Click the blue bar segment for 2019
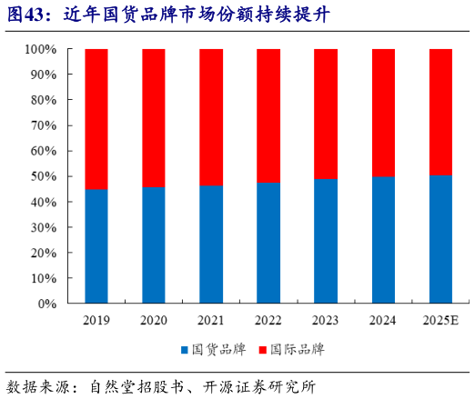click(x=96, y=245)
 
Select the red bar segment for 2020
click(x=154, y=117)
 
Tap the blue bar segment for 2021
click(x=211, y=244)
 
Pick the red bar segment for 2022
click(x=268, y=115)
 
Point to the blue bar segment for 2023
click(x=326, y=241)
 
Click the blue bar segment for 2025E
click(x=440, y=239)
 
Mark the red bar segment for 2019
click(x=96, y=118)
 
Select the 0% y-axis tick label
click(x=48, y=304)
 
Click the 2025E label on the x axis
click(x=440, y=320)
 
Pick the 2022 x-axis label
click(x=268, y=320)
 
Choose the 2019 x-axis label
click(x=96, y=320)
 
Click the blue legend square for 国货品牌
click(x=184, y=349)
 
